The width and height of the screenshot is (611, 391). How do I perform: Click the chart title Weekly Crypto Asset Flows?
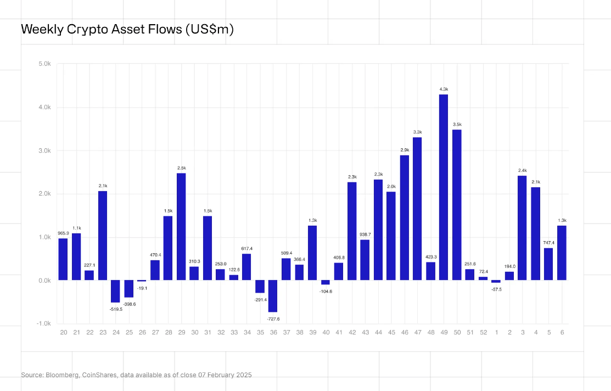coord(127,30)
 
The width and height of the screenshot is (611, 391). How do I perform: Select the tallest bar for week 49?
coord(444,187)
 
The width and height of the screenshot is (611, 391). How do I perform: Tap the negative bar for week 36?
coord(273,296)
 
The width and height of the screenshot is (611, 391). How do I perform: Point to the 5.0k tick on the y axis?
coord(44,64)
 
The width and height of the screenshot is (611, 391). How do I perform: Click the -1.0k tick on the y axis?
coord(43,323)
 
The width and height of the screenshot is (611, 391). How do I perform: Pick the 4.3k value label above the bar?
coord(444,89)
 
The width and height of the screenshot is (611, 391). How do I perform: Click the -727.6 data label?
coord(273,319)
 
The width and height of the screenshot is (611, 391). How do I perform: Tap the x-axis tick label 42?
coord(352,332)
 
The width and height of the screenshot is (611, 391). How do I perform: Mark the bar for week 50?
coord(457,205)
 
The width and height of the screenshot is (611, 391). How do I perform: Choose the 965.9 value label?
coord(63,233)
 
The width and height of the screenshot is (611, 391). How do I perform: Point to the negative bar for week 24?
coord(115,291)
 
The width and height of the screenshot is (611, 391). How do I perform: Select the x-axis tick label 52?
coord(483,332)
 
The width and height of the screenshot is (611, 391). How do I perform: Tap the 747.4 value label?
coord(548,242)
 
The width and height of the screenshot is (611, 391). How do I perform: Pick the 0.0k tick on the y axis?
coord(44,281)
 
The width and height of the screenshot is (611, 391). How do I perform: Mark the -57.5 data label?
coord(496,289)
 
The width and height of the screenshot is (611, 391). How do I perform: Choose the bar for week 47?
coord(417,209)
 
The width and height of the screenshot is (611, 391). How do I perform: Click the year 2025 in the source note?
coord(243,375)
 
